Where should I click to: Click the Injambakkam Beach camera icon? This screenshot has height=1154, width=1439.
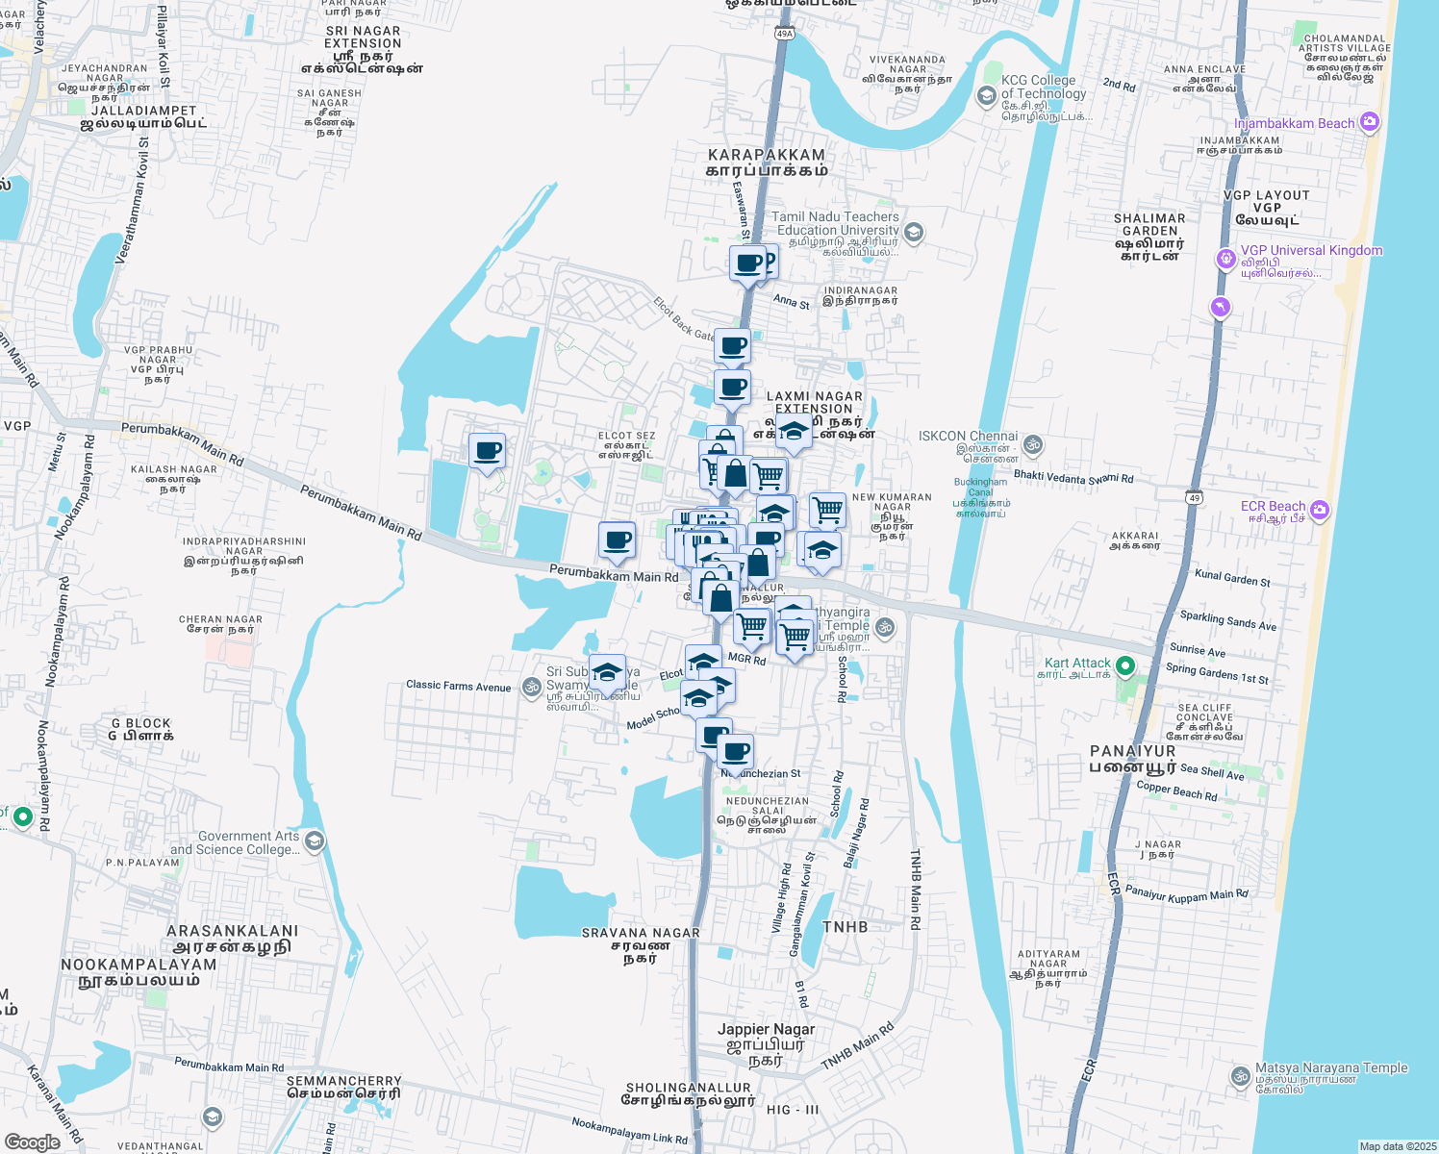[x=1370, y=122]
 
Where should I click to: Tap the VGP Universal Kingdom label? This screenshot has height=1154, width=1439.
[x=1311, y=250]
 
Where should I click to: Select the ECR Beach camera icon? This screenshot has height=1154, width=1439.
[x=1320, y=510]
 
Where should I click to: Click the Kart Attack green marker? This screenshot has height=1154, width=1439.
[x=1124, y=665]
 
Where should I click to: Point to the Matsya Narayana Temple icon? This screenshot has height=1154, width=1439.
[x=1241, y=1076]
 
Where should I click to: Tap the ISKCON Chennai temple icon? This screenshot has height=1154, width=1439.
[x=1033, y=444]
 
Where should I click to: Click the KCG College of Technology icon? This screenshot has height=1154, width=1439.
[x=986, y=95]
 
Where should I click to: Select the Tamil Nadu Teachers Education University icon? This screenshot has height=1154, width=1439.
[x=914, y=232]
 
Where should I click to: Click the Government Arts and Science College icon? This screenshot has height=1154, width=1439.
[x=314, y=842]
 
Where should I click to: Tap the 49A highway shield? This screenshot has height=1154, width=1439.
[x=784, y=34]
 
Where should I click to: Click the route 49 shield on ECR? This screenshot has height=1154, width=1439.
[x=1194, y=497]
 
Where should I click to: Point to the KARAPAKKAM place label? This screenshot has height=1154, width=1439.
[x=767, y=155]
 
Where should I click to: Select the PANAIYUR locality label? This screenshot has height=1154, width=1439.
[x=1132, y=751]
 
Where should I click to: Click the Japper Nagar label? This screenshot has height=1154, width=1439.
[x=766, y=1029]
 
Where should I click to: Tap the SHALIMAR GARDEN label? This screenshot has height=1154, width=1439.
[x=1149, y=224]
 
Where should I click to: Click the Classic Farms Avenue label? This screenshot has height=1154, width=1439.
[x=458, y=686]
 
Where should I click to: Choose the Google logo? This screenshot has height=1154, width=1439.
[x=32, y=1142]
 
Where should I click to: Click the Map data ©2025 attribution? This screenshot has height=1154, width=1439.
[x=1398, y=1146]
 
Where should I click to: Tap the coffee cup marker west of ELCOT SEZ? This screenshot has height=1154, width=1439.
[x=487, y=451]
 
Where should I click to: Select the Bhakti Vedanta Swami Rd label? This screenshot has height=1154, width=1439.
[x=1073, y=477]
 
